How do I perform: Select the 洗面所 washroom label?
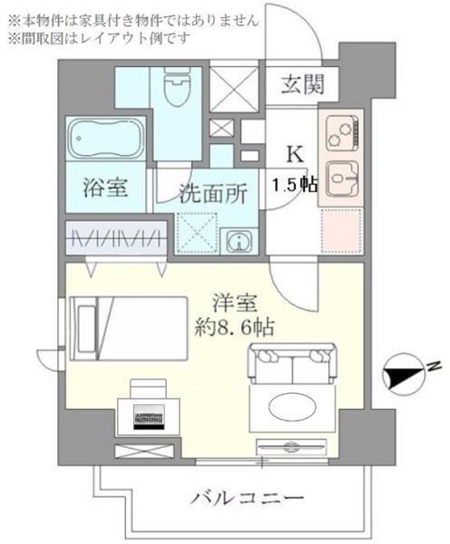click(210, 193)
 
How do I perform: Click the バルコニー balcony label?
click(247, 499)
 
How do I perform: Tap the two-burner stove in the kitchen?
click(341, 137)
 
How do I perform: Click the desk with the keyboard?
click(150, 408)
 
